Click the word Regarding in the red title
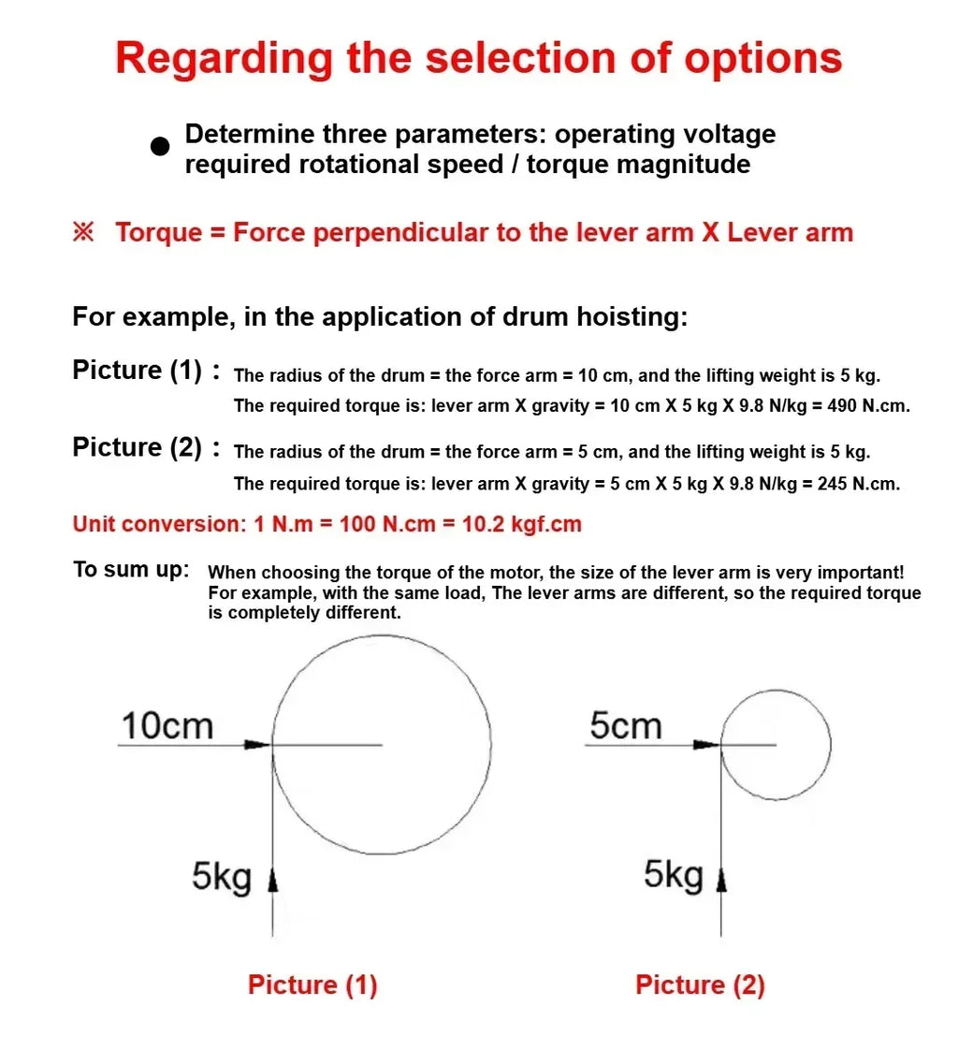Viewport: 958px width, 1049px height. pyautogui.click(x=224, y=60)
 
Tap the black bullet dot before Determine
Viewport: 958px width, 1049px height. pyautogui.click(x=160, y=146)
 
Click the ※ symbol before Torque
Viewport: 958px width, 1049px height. pyautogui.click(x=83, y=232)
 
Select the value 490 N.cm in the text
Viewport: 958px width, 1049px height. pyautogui.click(x=868, y=406)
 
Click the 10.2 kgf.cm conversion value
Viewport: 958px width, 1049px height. pyautogui.click(x=522, y=524)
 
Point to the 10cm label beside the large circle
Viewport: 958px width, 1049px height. pyautogui.click(x=167, y=726)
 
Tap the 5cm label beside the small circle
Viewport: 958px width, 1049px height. pyautogui.click(x=626, y=726)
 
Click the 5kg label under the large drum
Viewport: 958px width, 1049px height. pyautogui.click(x=222, y=877)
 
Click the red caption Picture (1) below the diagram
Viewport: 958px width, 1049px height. pyautogui.click(x=312, y=984)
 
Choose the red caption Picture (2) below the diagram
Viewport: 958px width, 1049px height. pyautogui.click(x=700, y=984)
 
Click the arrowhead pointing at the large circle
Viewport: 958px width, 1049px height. pyautogui.click(x=258, y=744)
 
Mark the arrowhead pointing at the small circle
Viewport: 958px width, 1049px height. pyautogui.click(x=706, y=744)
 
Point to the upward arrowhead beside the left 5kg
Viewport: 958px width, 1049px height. pyautogui.click(x=272, y=881)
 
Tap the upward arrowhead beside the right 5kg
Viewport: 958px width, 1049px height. pyautogui.click(x=721, y=881)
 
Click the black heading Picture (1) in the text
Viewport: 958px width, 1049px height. pyautogui.click(x=137, y=371)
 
